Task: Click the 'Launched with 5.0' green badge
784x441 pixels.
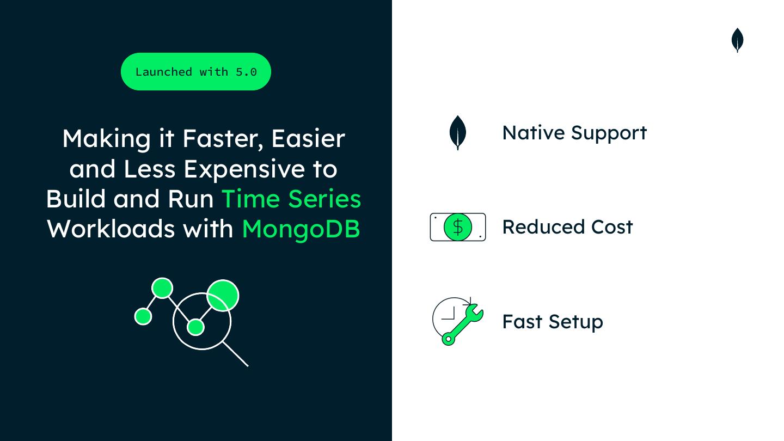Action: (196, 72)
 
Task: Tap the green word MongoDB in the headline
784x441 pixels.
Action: (301, 229)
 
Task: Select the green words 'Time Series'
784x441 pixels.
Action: (291, 199)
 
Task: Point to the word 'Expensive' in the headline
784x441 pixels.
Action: (244, 169)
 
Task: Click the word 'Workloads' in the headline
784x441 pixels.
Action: (109, 229)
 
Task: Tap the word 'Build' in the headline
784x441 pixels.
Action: (76, 199)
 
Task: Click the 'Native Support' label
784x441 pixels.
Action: (574, 133)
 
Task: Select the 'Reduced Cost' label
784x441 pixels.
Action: (567, 227)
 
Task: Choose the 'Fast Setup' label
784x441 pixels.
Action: (553, 322)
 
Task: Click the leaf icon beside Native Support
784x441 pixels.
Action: (458, 133)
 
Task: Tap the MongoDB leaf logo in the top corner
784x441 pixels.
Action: (737, 40)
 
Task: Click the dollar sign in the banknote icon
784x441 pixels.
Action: (458, 227)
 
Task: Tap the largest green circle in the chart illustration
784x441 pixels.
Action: (223, 295)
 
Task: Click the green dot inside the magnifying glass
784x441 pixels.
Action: (195, 327)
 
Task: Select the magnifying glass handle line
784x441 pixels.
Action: (236, 354)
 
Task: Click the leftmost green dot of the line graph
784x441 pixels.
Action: (143, 316)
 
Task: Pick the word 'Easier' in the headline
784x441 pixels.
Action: (308, 139)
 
